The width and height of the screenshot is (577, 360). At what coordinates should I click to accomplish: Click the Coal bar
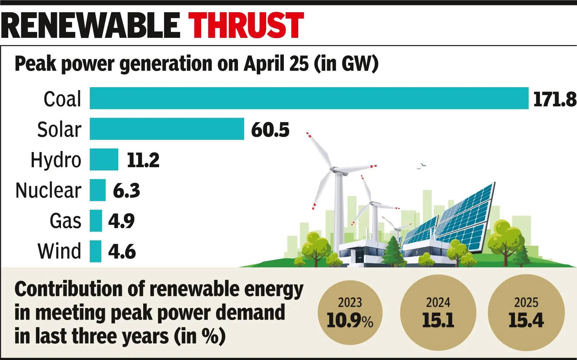pos(309,98)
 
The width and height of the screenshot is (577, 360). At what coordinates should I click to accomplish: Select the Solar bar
pos(167,129)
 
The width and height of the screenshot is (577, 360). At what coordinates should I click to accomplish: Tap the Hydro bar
pos(104,159)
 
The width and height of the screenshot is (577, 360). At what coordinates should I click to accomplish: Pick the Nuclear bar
pos(97,190)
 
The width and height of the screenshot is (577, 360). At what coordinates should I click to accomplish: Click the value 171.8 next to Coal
pos(554,99)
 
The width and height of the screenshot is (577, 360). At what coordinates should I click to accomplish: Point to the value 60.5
pos(270,130)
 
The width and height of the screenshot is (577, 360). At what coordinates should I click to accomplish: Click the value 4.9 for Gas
pos(121,221)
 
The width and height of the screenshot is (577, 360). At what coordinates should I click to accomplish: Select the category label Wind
pos(60,251)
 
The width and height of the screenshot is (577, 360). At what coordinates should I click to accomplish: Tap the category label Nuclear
pos(48,190)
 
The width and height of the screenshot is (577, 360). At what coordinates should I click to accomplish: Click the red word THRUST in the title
pos(247,25)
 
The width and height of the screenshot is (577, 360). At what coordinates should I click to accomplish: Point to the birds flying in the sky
pos(421,166)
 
